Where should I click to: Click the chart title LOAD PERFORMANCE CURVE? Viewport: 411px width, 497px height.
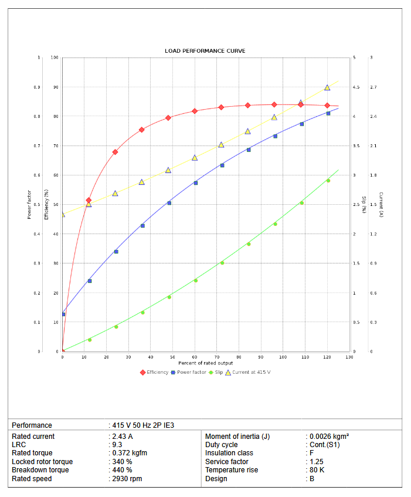[205, 51]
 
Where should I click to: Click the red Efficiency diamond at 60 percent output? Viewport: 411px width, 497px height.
[195, 111]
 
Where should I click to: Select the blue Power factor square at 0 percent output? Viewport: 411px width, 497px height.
[63, 315]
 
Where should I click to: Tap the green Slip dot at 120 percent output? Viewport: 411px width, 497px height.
[328, 181]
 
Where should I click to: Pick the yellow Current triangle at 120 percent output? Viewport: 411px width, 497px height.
[327, 87]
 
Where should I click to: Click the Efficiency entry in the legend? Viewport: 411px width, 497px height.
[154, 372]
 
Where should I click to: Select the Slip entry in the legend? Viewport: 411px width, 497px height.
[215, 372]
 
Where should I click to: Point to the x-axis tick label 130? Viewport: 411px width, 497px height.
[350, 357]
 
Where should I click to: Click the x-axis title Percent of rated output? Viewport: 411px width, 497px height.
[206, 363]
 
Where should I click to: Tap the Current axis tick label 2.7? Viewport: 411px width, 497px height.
[374, 87]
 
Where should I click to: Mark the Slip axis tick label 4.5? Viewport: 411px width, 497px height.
[356, 87]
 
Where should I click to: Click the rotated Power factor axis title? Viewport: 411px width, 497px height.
[29, 204]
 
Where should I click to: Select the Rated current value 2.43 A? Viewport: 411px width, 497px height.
[123, 437]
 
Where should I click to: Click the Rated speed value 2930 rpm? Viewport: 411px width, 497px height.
[127, 479]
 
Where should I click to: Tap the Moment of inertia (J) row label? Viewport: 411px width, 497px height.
[237, 437]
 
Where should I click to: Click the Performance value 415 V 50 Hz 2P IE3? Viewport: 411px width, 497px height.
[142, 425]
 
